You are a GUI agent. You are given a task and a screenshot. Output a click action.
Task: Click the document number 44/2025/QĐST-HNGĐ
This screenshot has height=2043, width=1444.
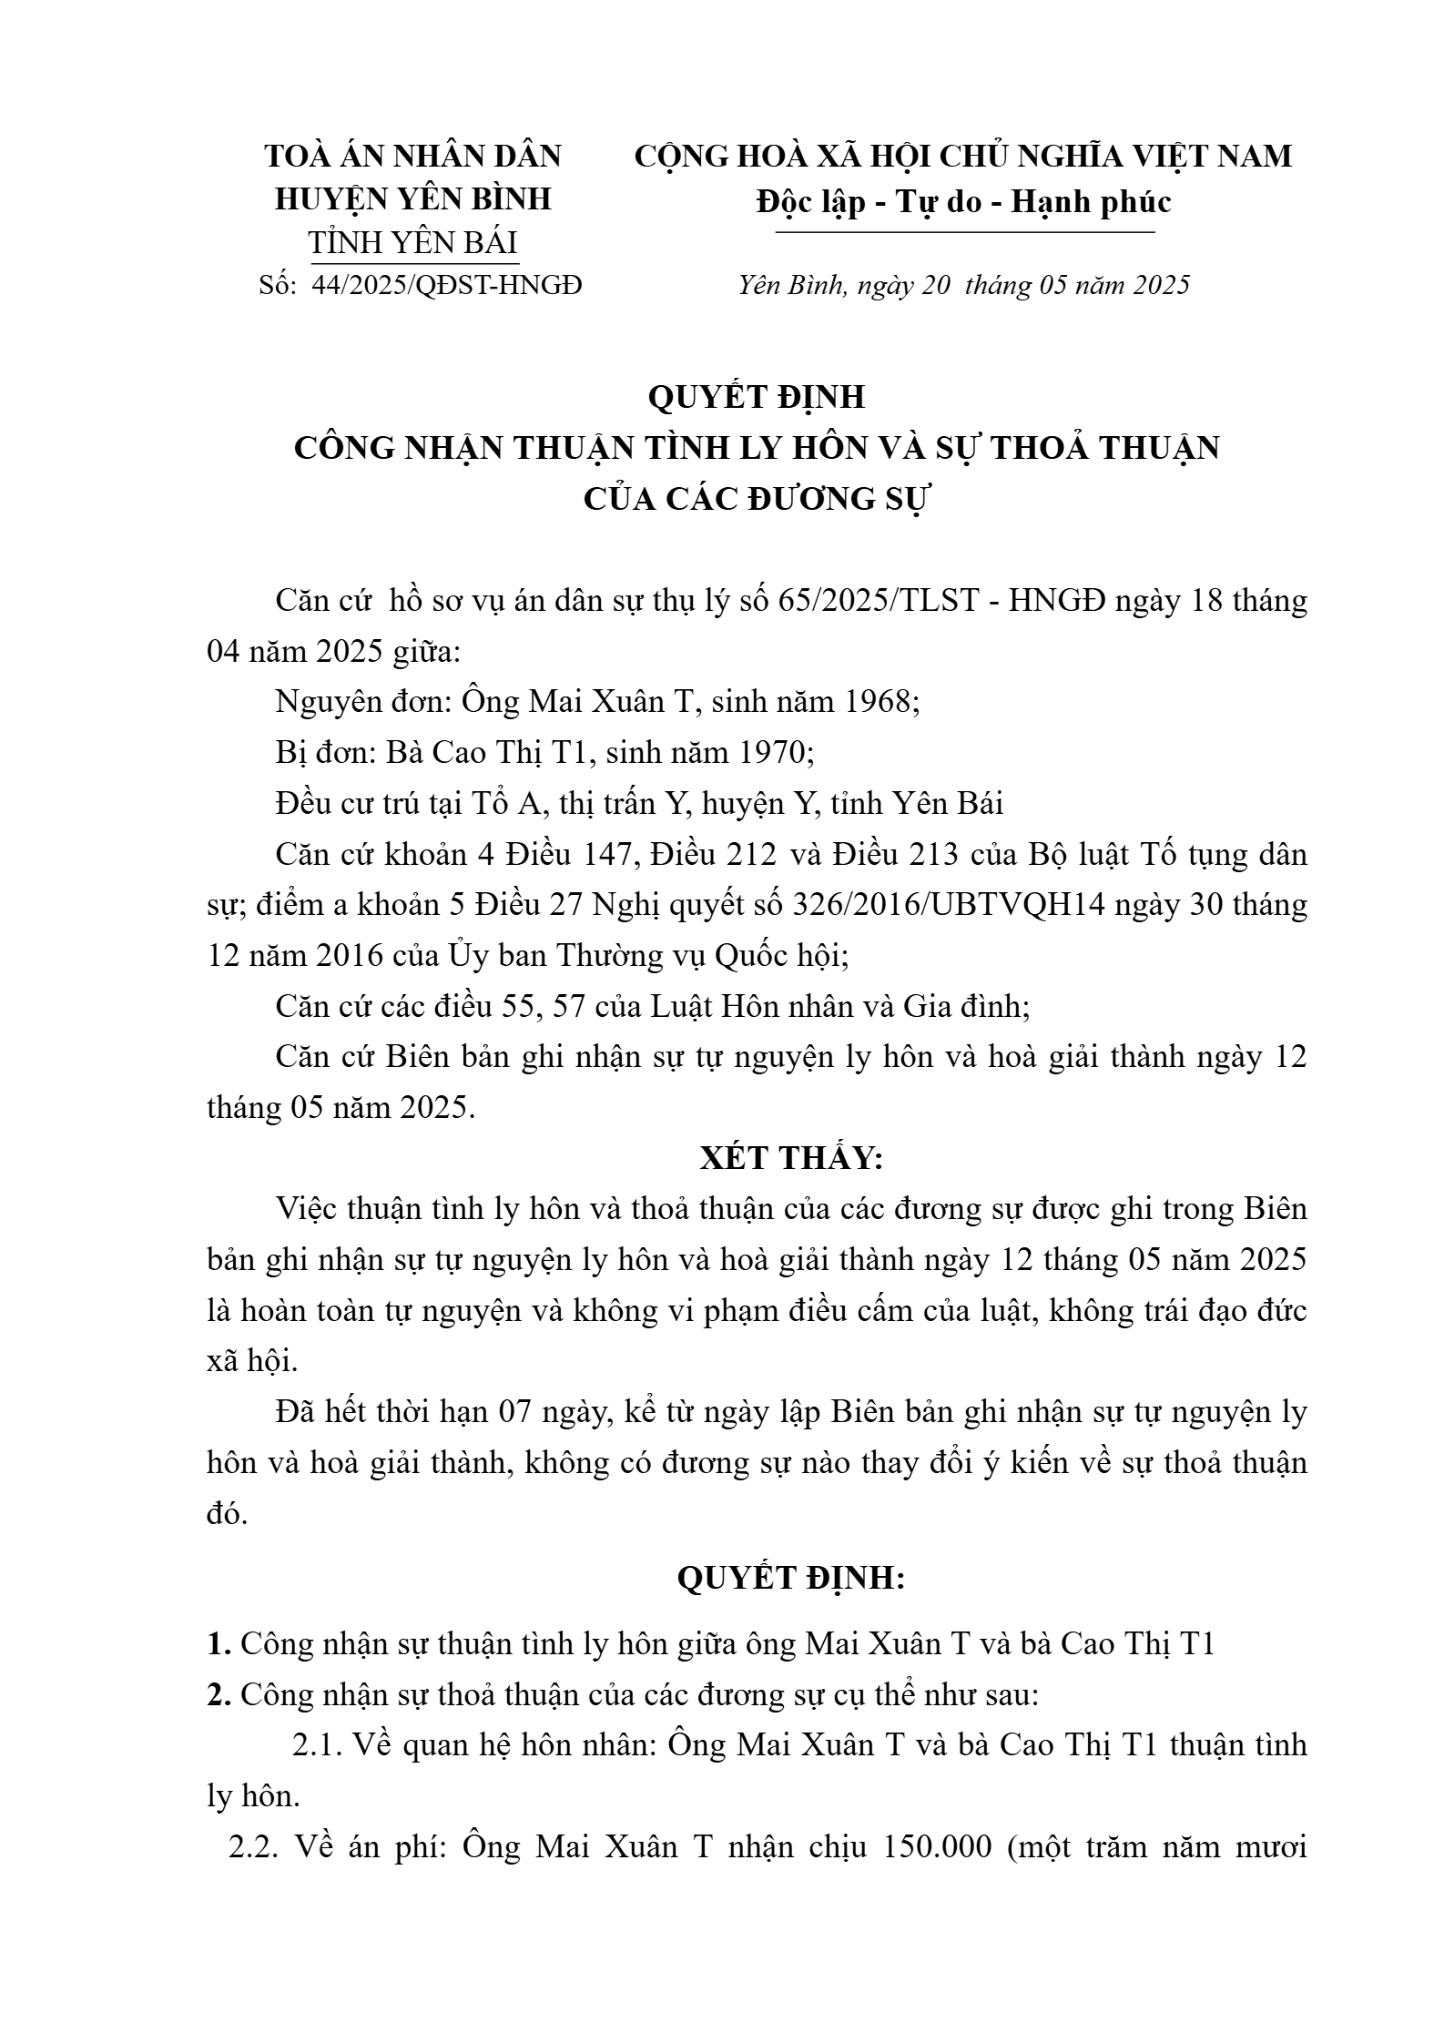446,286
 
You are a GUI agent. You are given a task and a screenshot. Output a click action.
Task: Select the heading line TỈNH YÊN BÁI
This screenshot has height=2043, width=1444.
412,243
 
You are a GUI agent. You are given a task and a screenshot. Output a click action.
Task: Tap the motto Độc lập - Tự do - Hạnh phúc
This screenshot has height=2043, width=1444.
963,201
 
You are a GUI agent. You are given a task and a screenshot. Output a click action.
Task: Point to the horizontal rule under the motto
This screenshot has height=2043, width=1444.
963,233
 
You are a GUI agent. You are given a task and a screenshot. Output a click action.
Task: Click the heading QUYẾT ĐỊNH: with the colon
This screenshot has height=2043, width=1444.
791,1579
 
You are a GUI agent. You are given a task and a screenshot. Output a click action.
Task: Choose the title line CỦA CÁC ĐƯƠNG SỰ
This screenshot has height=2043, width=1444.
756,500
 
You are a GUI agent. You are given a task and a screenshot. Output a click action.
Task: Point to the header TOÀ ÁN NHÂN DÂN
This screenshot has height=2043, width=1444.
412,157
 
